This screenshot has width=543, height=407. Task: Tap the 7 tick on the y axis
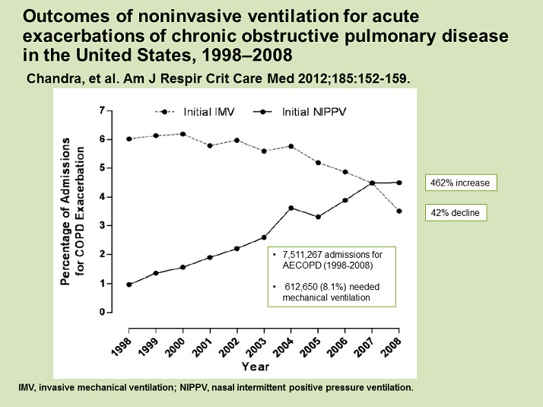101,110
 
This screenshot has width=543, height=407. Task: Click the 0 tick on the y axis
101,313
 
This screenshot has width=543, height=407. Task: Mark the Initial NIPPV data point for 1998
129,285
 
